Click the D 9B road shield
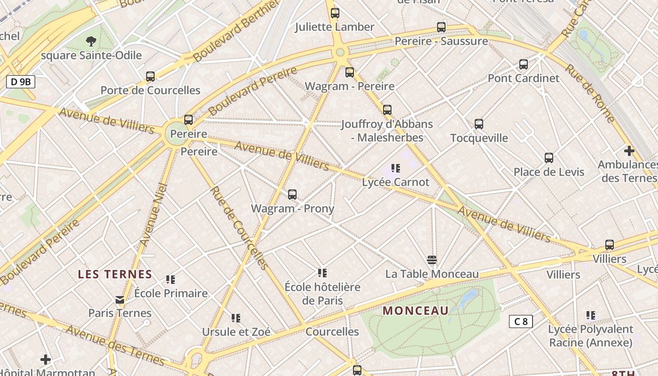(x=21, y=82)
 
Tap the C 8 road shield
(x=521, y=321)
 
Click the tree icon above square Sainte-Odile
(x=91, y=41)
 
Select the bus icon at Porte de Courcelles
(x=150, y=76)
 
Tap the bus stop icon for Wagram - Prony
(x=292, y=194)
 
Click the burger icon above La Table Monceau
(x=432, y=260)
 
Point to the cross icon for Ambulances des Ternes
(x=629, y=151)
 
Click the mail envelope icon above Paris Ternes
(x=120, y=299)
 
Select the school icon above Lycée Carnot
(x=396, y=168)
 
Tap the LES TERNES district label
(x=115, y=274)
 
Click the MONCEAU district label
(x=416, y=311)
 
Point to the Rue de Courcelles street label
(x=239, y=228)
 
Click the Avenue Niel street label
(x=151, y=214)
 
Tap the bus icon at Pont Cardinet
(x=524, y=64)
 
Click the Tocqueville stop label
(x=479, y=138)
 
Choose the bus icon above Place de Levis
(x=548, y=158)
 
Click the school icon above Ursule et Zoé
(x=236, y=318)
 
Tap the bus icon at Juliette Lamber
(x=335, y=13)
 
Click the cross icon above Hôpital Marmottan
(x=46, y=360)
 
